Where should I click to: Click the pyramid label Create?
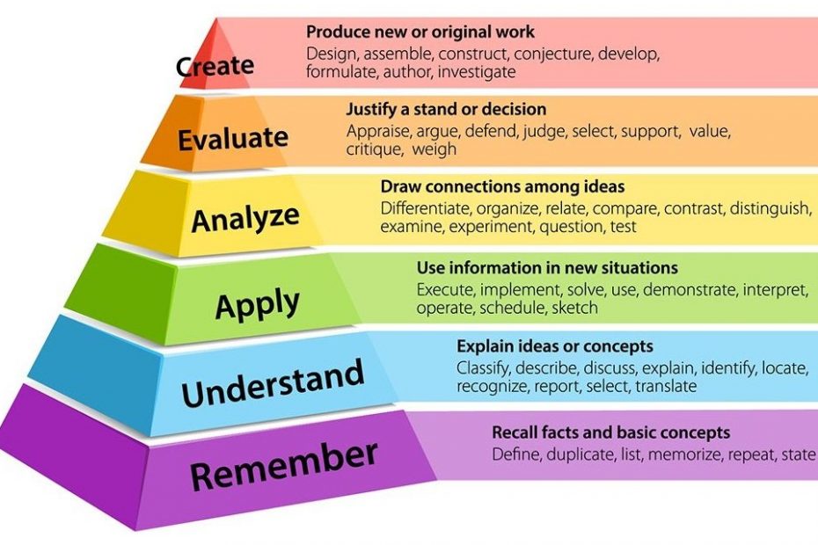[x=215, y=67]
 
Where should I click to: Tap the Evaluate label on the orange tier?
[x=233, y=138]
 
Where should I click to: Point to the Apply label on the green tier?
[x=257, y=304]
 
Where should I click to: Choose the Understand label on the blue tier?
[x=273, y=383]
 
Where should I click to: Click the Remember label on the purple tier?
[x=284, y=466]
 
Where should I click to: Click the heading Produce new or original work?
[x=420, y=33]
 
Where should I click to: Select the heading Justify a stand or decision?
[x=446, y=110]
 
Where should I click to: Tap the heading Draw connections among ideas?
[x=502, y=186]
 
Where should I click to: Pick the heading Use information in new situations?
[x=547, y=268]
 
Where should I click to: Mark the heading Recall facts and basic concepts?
[x=611, y=432]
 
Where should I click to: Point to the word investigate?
[x=477, y=72]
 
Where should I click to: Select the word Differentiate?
[x=426, y=208]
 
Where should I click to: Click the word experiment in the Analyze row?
[x=492, y=228]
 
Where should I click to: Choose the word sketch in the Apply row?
[x=575, y=308]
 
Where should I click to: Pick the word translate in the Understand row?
[x=666, y=387]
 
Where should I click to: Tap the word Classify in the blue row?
[x=483, y=368]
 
